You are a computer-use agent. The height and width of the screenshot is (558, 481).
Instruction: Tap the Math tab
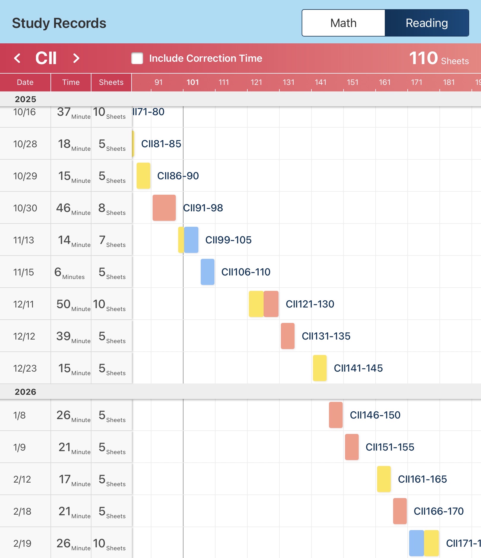[x=344, y=23]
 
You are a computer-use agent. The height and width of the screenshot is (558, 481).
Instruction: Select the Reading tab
[x=427, y=23]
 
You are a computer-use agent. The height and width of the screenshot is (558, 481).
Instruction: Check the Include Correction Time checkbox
[x=137, y=58]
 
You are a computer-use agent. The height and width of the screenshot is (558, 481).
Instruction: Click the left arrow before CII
[x=17, y=58]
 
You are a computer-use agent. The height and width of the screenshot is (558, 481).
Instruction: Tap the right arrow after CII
[x=76, y=58]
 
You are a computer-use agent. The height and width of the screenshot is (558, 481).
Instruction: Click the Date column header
[x=25, y=82]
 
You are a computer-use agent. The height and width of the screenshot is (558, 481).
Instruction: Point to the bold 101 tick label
[x=192, y=82]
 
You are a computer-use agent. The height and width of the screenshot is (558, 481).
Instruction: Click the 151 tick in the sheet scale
[x=352, y=82]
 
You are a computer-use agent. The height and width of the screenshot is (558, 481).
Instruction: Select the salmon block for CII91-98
[x=164, y=208]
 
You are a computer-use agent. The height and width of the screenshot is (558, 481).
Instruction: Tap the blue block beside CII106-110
[x=208, y=272]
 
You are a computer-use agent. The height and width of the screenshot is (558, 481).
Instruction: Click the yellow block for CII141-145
[x=320, y=368]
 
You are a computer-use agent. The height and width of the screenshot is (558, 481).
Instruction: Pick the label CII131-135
[x=326, y=336]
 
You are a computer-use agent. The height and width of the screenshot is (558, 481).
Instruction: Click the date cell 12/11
[x=24, y=304]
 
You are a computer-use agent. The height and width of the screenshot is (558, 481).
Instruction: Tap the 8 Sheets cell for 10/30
[x=112, y=208]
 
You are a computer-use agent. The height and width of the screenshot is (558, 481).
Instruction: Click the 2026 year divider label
[x=26, y=392]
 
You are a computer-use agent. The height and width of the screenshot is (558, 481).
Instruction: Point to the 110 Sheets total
[x=439, y=58]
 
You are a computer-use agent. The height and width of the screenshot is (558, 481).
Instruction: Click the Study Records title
[x=59, y=23]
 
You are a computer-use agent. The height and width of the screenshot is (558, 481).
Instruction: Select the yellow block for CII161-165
[x=384, y=479]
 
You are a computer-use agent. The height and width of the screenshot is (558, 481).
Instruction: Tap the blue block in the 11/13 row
[x=191, y=240]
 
